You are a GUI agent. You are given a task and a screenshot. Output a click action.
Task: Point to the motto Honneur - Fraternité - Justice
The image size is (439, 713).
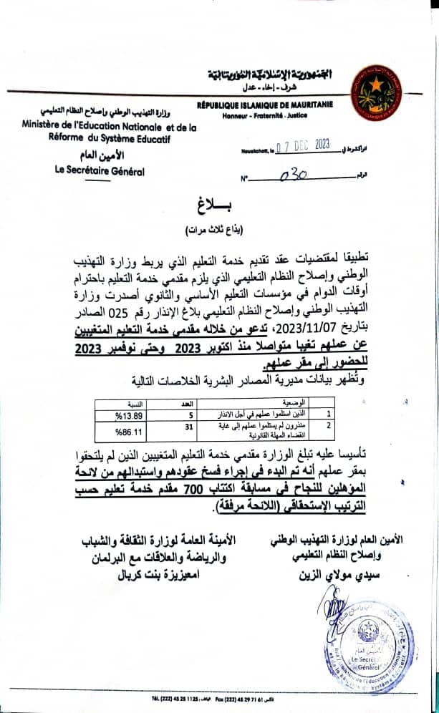click(266, 114)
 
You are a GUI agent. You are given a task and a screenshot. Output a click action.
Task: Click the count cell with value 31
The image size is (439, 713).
click(181, 427)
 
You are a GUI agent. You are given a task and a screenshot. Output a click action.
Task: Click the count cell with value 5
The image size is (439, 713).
click(181, 414)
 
